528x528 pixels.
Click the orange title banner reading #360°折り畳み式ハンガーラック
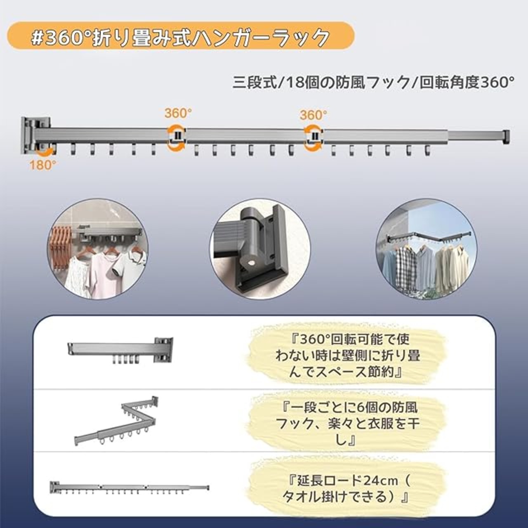[181, 37]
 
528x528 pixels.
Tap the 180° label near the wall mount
[42, 165]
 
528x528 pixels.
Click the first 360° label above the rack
[178, 113]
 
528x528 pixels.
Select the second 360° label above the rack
[313, 115]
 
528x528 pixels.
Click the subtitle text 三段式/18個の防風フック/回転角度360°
[373, 82]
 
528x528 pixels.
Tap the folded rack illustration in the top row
[120, 351]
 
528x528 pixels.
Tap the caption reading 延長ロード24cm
[348, 489]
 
